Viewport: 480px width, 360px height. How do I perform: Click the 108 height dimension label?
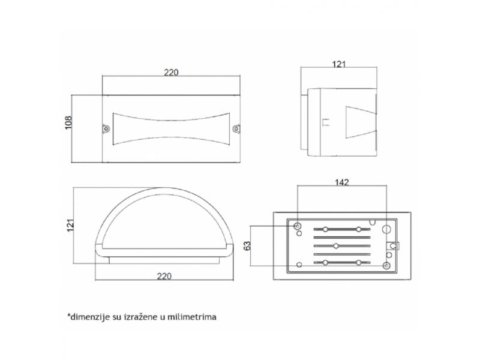(68, 122)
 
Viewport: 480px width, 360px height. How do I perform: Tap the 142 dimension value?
(341, 182)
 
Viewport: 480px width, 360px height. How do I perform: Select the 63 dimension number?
(247, 245)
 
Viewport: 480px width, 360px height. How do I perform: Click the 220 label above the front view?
(171, 73)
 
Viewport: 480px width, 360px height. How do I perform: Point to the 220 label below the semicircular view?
(164, 276)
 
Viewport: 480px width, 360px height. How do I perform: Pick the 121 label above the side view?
(338, 64)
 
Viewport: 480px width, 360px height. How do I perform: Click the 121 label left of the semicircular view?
(70, 226)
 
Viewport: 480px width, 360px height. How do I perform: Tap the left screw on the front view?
(106, 129)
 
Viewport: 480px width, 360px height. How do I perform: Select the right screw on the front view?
(236, 129)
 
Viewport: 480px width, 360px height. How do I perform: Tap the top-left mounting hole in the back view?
(297, 227)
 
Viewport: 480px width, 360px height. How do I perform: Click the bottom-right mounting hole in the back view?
(386, 266)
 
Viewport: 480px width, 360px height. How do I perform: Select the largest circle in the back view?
(386, 229)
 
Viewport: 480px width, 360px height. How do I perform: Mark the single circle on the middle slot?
(336, 246)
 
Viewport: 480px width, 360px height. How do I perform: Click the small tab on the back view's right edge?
(394, 246)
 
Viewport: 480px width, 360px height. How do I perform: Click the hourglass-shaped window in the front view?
(171, 129)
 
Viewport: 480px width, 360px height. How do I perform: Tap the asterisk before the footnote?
(68, 314)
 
